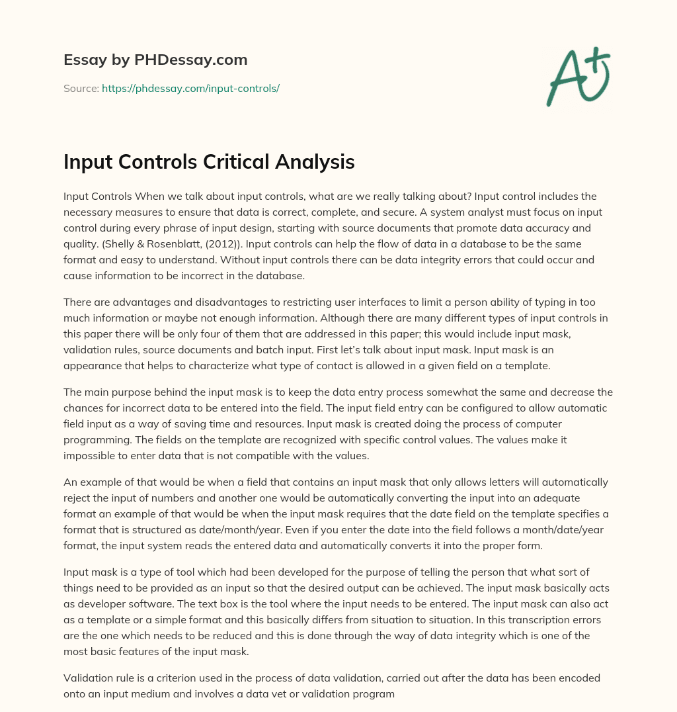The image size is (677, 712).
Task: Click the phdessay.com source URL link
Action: [x=190, y=88]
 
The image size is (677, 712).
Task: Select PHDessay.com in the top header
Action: [x=192, y=60]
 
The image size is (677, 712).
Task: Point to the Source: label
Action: [x=81, y=88]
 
